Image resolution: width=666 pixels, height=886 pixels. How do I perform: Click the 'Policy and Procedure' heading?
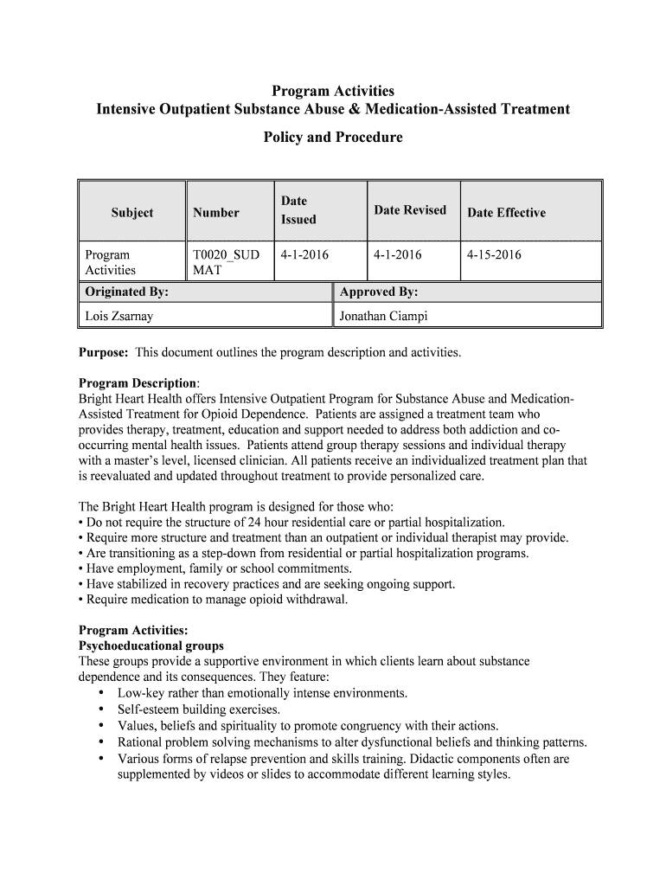(333, 137)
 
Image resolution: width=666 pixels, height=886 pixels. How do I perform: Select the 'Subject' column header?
(132, 212)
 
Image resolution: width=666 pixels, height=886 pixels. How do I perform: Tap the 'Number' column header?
(215, 212)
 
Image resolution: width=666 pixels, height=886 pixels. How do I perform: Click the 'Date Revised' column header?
(410, 210)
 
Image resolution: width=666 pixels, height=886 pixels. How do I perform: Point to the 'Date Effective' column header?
(506, 213)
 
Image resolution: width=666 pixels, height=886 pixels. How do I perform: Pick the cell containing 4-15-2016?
(494, 254)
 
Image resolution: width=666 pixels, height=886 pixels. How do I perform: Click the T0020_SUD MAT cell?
(225, 262)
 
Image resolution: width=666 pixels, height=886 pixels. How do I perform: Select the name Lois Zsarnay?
(119, 316)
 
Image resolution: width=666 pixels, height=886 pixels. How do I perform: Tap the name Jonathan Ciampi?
(383, 316)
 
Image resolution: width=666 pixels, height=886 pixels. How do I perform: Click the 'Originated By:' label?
(126, 292)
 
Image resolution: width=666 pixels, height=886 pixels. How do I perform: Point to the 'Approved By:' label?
(379, 292)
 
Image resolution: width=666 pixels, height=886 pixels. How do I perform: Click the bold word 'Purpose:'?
(104, 353)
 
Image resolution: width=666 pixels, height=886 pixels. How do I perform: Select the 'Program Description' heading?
(138, 383)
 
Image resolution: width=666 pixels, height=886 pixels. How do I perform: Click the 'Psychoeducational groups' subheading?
(151, 645)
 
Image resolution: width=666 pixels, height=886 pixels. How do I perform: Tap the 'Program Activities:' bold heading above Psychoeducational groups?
(133, 630)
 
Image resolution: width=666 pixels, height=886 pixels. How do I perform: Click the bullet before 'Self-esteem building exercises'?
(102, 709)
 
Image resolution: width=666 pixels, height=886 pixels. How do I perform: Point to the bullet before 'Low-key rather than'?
(102, 693)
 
